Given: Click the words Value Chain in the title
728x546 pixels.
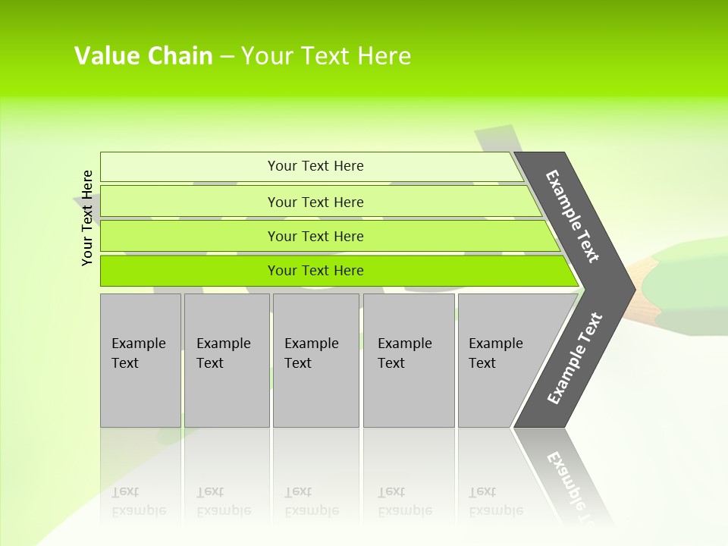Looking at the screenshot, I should [x=143, y=56].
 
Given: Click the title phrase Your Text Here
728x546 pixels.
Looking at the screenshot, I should [x=325, y=56].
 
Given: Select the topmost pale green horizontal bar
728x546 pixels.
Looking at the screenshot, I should [x=190, y=166].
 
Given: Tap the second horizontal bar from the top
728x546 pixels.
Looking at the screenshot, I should [x=190, y=202].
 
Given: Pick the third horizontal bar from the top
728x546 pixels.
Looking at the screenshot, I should [x=190, y=236].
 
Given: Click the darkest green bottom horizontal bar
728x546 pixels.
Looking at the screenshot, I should [x=190, y=271].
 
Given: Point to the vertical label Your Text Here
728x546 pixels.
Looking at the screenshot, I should [x=87, y=218].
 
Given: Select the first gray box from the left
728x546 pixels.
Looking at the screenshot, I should [x=140, y=360].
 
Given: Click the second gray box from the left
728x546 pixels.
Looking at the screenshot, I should [x=227, y=360].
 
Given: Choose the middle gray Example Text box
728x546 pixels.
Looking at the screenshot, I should [x=315, y=360].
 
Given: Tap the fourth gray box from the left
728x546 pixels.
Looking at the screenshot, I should [x=409, y=360].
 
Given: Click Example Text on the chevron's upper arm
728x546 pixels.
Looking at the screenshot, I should [x=573, y=216].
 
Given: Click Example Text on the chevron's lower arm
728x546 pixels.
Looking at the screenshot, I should [x=575, y=358].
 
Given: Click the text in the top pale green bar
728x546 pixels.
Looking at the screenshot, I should [x=315, y=166].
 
